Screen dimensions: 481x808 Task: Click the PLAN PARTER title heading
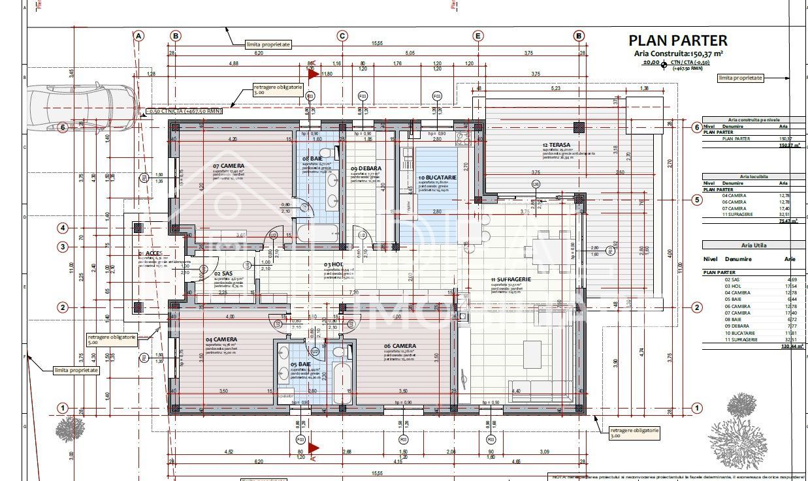point(677,41)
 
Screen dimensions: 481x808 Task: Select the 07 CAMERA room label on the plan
point(229,166)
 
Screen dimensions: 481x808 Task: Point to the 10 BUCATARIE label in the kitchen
point(438,178)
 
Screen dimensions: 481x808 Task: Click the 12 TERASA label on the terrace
point(556,145)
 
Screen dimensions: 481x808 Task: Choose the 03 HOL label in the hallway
point(334,264)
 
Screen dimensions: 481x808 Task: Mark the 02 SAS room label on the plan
point(223,274)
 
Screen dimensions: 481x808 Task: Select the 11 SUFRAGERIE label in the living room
point(511,279)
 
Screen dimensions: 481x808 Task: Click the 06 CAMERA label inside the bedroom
point(400,346)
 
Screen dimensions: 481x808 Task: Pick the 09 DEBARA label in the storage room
point(365,168)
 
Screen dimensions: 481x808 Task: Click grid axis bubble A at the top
point(138,36)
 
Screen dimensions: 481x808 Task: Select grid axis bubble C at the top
point(342,36)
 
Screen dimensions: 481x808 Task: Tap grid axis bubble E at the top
point(478,36)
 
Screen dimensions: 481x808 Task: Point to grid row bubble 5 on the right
point(697,200)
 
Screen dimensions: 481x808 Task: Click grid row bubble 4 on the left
point(63,228)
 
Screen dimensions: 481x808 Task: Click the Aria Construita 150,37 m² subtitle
point(677,54)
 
